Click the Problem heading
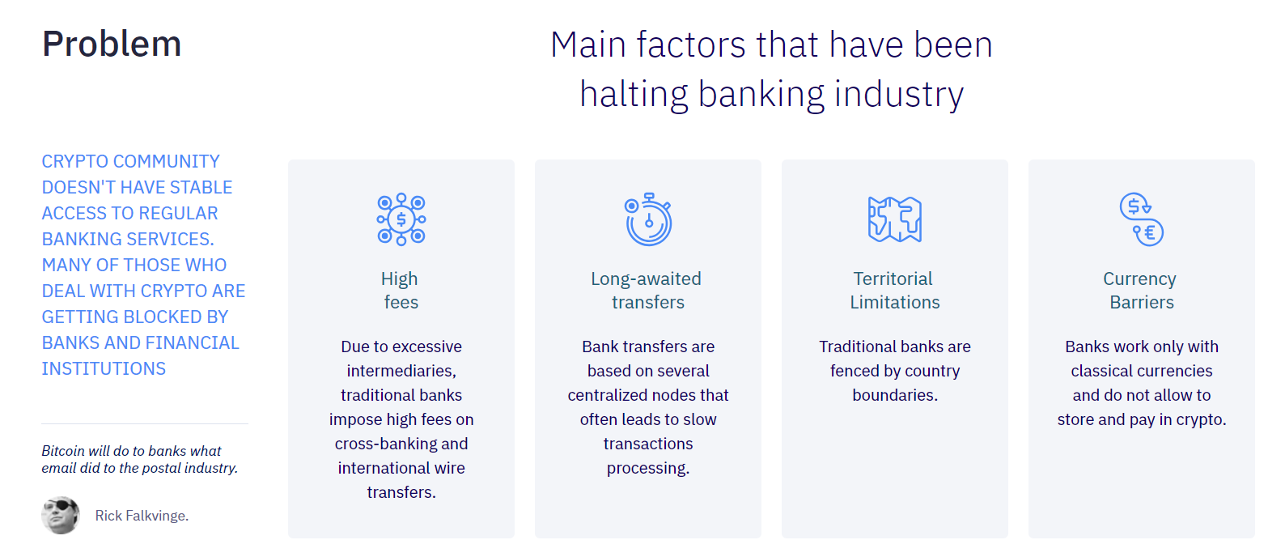coord(112,45)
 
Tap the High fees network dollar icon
coord(401,219)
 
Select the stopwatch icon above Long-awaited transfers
coord(648,219)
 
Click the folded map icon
coord(895,219)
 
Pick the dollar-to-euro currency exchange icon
coord(1142,219)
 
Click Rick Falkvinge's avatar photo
coord(61,515)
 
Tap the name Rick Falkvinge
coord(142,516)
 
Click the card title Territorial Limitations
coord(895,291)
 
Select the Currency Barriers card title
coord(1142,291)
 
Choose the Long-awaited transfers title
coord(647,291)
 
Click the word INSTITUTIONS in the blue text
coord(104,368)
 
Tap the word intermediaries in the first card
coord(401,371)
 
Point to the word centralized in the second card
coord(610,395)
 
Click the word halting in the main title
coord(634,94)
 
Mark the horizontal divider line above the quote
coord(145,423)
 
